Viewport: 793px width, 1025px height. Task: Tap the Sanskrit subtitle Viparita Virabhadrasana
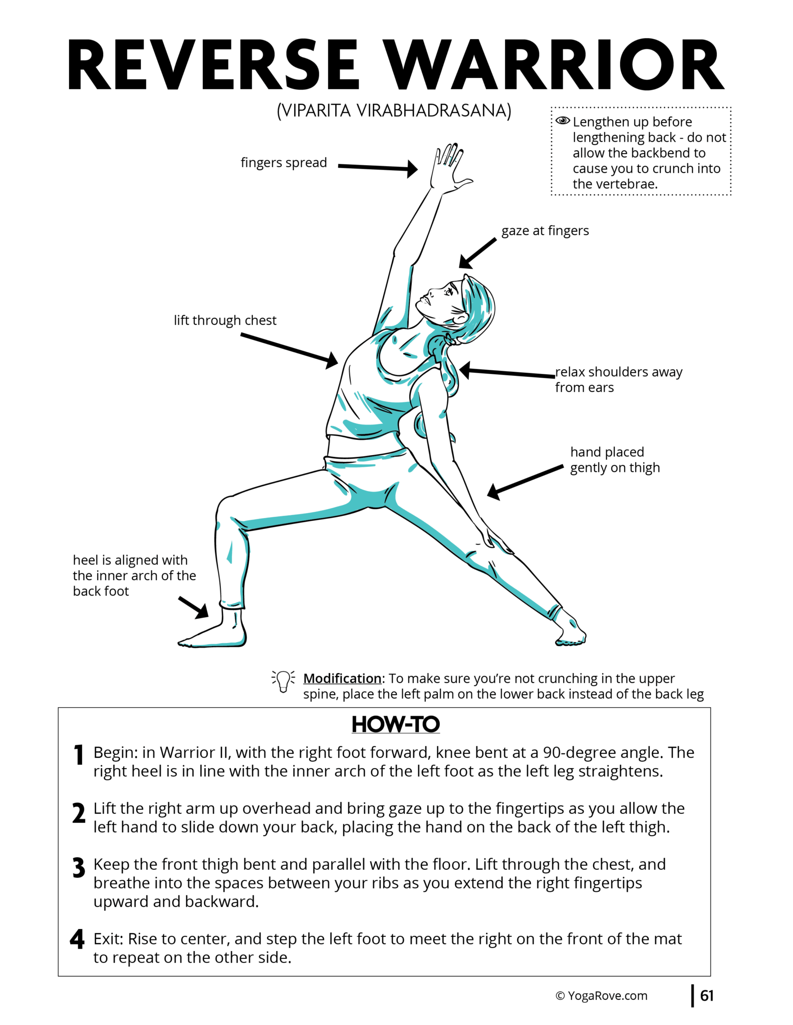pos(394,111)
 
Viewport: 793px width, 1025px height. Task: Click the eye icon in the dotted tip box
pos(563,121)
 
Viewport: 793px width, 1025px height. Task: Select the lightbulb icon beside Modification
pos(283,681)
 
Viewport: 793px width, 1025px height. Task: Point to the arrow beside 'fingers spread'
pos(378,168)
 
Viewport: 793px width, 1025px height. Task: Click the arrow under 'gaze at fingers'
pos(477,253)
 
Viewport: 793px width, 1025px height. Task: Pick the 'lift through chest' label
pos(225,320)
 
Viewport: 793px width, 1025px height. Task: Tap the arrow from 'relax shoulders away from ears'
pos(506,372)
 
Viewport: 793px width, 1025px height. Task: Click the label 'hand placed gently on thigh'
pos(614,459)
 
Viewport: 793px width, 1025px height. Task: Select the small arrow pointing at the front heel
pos(194,607)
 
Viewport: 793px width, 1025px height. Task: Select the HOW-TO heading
pos(395,724)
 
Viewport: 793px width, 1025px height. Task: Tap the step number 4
pos(78,939)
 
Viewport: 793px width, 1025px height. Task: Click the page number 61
pos(706,995)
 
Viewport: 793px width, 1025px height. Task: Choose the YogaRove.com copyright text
pos(601,996)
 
